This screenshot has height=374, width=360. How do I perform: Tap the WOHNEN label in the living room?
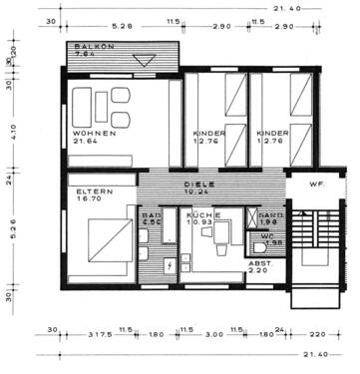coord(94,133)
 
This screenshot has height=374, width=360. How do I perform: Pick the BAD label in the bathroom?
coord(151,214)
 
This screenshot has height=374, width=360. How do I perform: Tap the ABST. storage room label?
coord(258,264)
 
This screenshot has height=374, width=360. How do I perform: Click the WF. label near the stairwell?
coord(313,186)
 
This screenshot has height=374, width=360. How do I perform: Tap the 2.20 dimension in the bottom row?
coord(314,333)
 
